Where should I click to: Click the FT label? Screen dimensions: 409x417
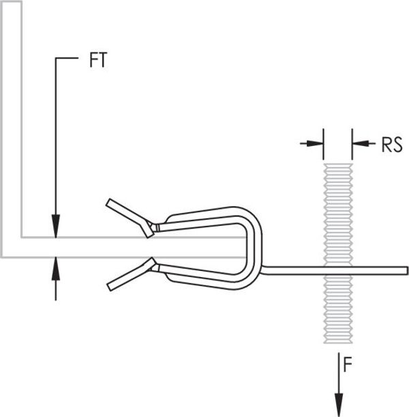pyautogui.click(x=98, y=60)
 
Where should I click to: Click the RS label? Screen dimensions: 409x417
pyautogui.click(x=392, y=145)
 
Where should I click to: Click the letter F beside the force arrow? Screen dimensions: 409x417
pyautogui.click(x=348, y=364)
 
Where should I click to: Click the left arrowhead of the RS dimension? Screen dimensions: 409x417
pyautogui.click(x=315, y=143)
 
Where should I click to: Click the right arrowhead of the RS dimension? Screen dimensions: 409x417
pyautogui.click(x=361, y=143)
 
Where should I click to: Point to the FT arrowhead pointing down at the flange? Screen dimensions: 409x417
pyautogui.click(x=56, y=225)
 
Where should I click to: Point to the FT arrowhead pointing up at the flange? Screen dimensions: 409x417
pyautogui.click(x=56, y=269)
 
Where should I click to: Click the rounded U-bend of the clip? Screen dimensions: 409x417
pyautogui.click(x=254, y=247)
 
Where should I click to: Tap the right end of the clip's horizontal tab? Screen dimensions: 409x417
pyautogui.click(x=406, y=270)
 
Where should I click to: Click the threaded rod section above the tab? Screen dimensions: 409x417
pyautogui.click(x=338, y=215)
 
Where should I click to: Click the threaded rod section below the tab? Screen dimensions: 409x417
pyautogui.click(x=338, y=308)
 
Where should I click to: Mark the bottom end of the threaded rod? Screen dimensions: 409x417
pyautogui.click(x=338, y=343)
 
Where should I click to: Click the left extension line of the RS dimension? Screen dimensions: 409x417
pyautogui.click(x=324, y=144)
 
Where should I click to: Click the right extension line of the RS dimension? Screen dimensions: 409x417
pyautogui.click(x=352, y=144)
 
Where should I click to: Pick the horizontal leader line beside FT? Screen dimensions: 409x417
pyautogui.click(x=67, y=58)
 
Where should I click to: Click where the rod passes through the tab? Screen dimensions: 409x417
pyautogui.click(x=338, y=270)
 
